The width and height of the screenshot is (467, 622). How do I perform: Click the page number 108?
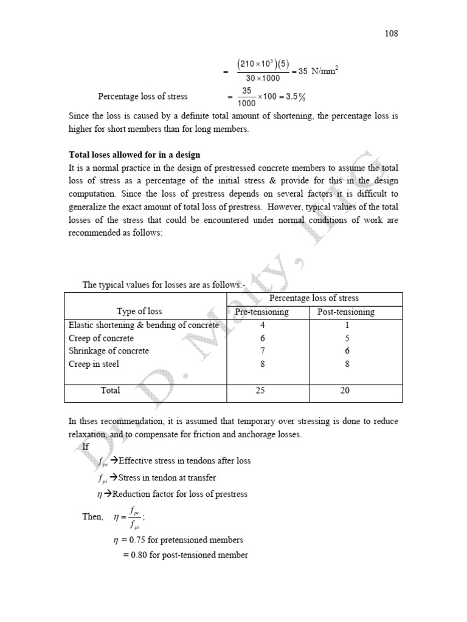[x=392, y=34]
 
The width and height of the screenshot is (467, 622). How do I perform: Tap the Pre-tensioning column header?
[x=261, y=312]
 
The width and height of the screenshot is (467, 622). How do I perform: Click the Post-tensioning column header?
[x=346, y=312]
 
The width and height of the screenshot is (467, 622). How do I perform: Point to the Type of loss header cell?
[x=139, y=312]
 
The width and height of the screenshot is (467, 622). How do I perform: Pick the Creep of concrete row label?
[x=101, y=338]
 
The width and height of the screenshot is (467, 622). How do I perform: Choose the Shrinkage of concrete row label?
[x=108, y=351]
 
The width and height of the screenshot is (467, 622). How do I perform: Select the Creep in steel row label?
[x=94, y=364]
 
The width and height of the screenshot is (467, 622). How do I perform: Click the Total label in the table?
[x=110, y=391]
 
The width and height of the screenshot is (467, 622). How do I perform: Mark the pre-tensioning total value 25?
[x=261, y=391]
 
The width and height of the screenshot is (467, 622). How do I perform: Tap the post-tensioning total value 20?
[x=345, y=391]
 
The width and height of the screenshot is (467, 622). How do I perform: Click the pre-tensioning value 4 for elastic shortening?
[x=261, y=326]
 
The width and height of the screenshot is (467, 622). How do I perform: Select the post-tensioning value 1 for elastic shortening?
[x=345, y=326]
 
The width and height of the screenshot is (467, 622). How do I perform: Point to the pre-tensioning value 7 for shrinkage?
[x=261, y=351]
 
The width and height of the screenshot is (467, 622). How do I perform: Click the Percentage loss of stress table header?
[x=314, y=298]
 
